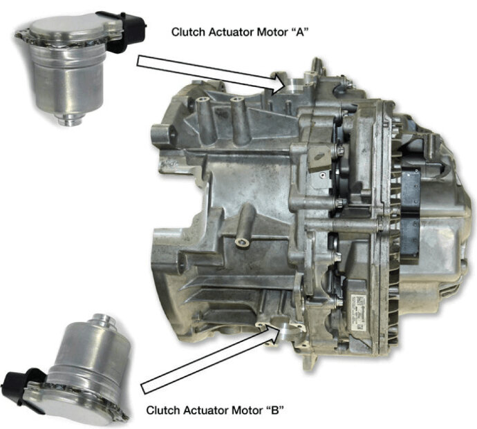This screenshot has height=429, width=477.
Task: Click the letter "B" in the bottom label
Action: click(x=275, y=410)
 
